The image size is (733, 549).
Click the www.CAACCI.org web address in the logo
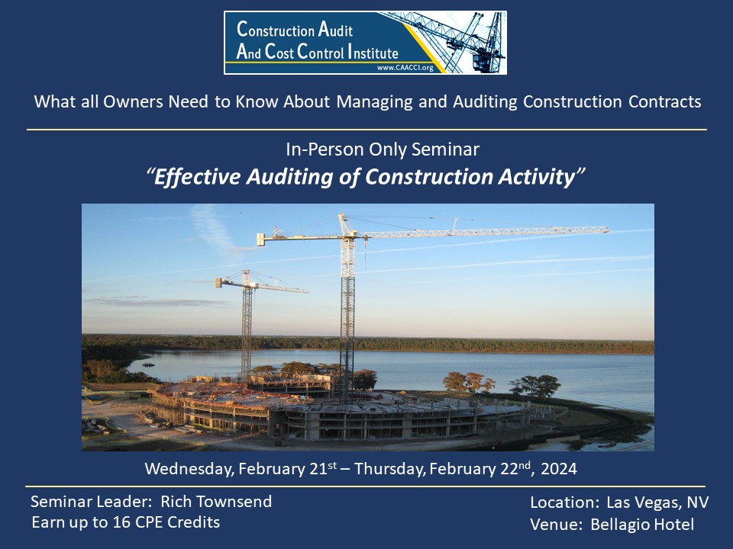pyautogui.click(x=405, y=68)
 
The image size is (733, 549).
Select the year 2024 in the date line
pyautogui.click(x=559, y=469)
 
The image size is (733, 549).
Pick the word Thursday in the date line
pyautogui.click(x=390, y=469)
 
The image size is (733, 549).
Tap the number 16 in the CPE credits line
pyautogui.click(x=121, y=522)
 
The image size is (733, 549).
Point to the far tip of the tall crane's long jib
pyautogui.click(x=608, y=230)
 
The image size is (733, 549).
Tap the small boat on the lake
pyautogui.click(x=149, y=364)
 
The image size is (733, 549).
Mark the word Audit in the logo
pyautogui.click(x=335, y=30)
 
